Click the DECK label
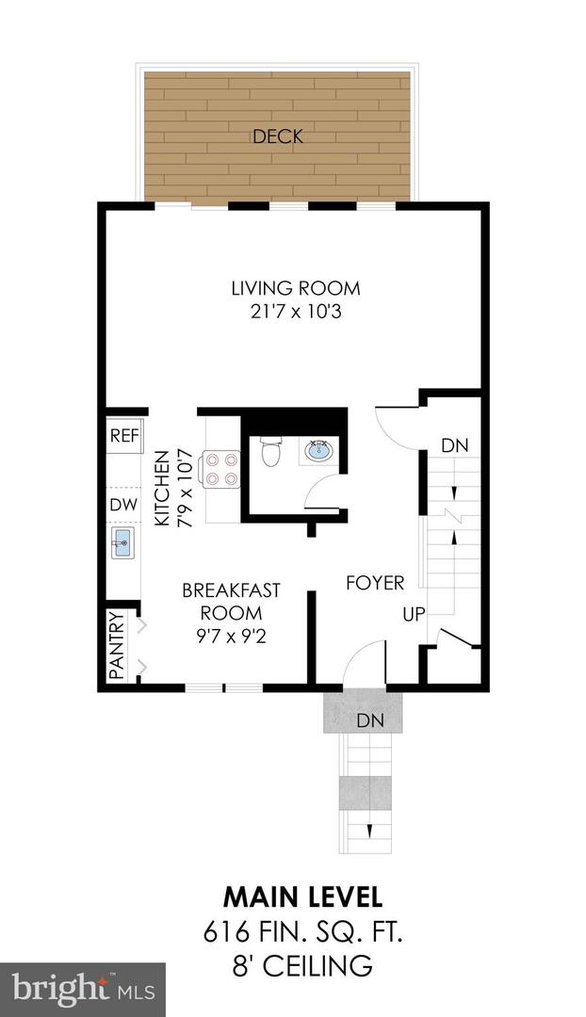(278, 137)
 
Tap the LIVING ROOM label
(296, 288)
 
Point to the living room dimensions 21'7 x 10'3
(296, 312)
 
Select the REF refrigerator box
(124, 435)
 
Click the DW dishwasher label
(123, 505)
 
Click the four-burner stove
(220, 468)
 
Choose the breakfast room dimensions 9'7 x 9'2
(231, 636)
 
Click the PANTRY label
(117, 646)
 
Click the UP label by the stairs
(415, 615)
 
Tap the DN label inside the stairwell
(454, 445)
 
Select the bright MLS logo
(83, 989)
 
